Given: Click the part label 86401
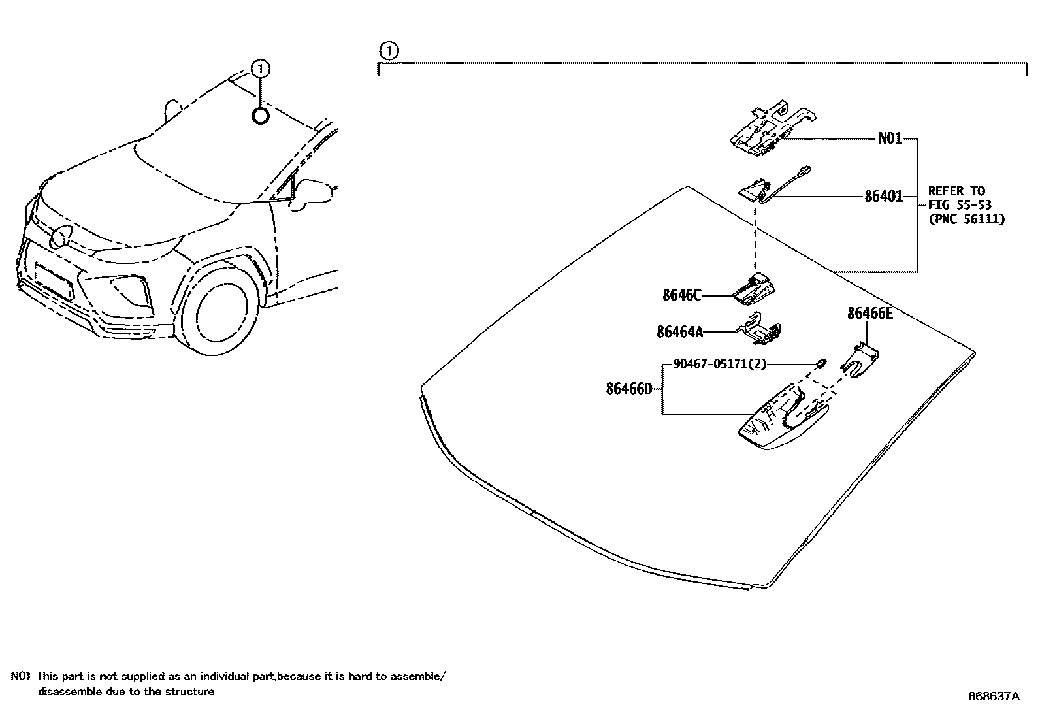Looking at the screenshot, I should pyautogui.click(x=883, y=196).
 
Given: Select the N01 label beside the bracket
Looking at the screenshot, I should pyautogui.click(x=890, y=139).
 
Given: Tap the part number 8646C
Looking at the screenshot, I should pyautogui.click(x=681, y=295).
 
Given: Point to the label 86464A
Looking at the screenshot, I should pyautogui.click(x=679, y=333).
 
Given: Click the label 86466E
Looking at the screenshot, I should pyautogui.click(x=869, y=314).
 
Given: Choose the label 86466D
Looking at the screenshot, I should pyautogui.click(x=628, y=389).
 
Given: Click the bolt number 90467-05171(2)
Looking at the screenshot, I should pyautogui.click(x=719, y=364).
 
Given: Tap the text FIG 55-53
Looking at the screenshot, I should pyautogui.click(x=959, y=205).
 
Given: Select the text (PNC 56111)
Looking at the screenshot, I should pyautogui.click(x=966, y=220).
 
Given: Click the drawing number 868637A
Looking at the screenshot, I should pyautogui.click(x=993, y=696).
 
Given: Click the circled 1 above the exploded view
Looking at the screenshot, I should pyautogui.click(x=388, y=50).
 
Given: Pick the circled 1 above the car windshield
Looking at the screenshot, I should pyautogui.click(x=260, y=69).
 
